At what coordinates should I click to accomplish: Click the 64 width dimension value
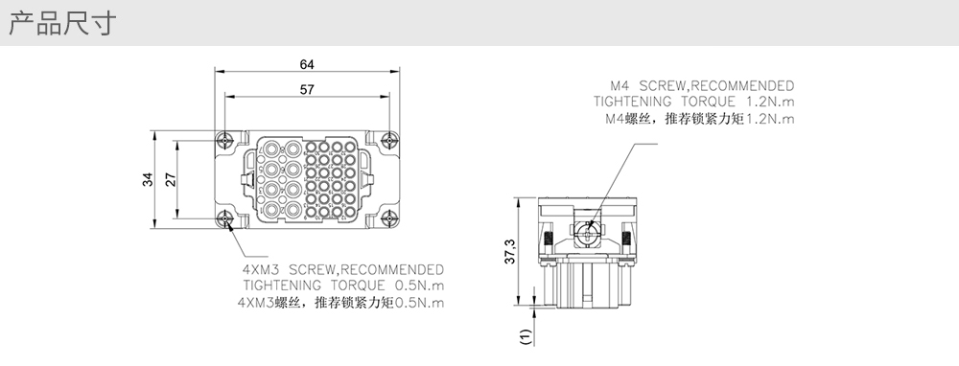click(x=307, y=64)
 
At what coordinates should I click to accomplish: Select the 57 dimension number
click(x=307, y=90)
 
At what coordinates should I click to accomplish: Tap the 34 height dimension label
click(x=148, y=179)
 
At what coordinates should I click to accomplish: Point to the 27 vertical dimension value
click(x=171, y=179)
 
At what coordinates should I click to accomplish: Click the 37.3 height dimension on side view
click(x=509, y=251)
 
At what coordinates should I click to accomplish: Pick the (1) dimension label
click(x=526, y=336)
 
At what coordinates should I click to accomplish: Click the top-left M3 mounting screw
click(x=225, y=141)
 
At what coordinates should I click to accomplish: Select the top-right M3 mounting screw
click(x=389, y=141)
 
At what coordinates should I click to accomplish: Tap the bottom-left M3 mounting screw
click(x=225, y=218)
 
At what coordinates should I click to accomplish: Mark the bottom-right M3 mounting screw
click(x=389, y=218)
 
